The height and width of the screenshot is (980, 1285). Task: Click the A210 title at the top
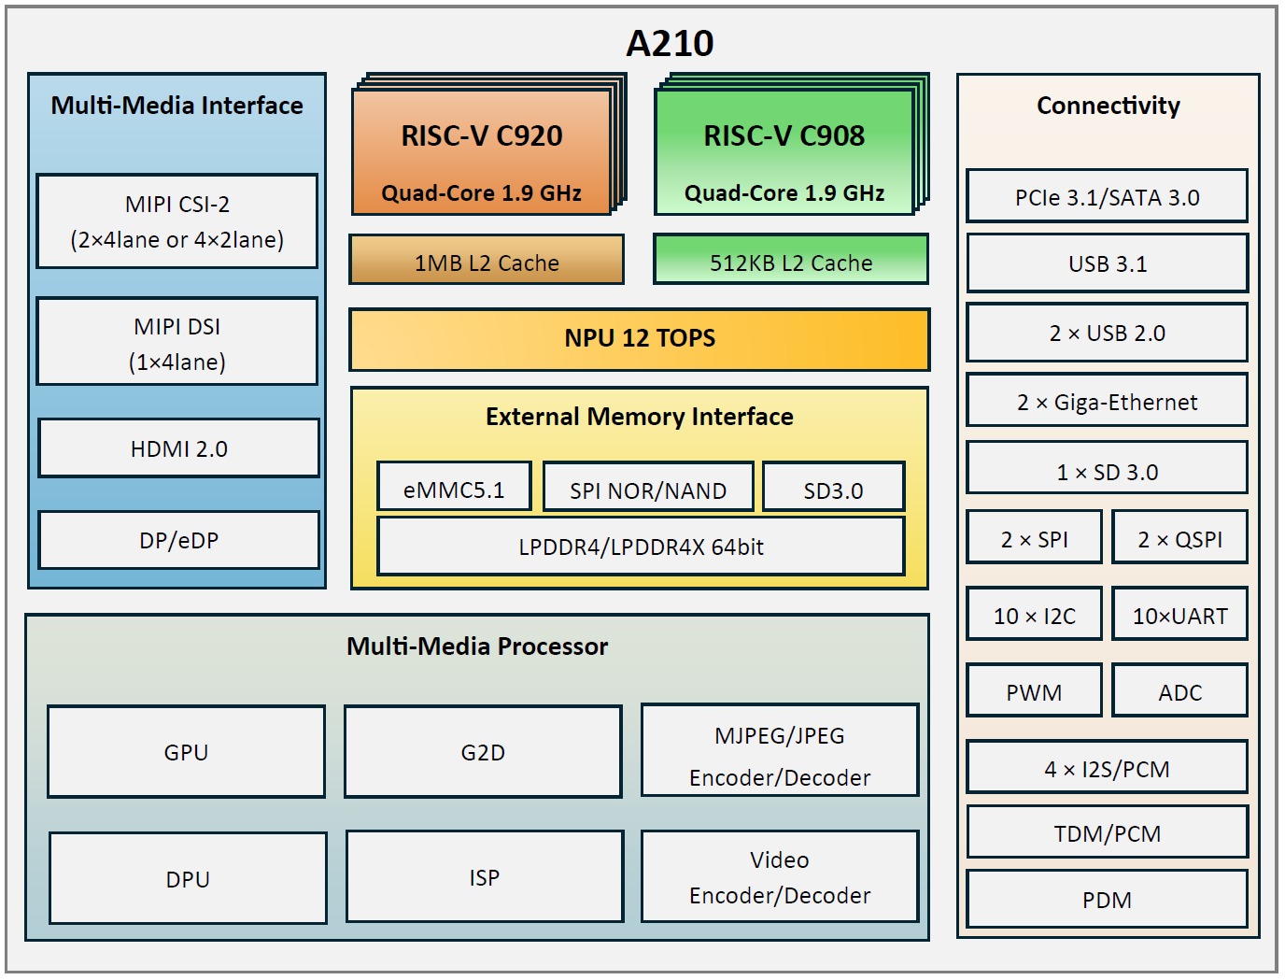(x=670, y=43)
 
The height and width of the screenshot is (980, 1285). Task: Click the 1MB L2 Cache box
(x=487, y=261)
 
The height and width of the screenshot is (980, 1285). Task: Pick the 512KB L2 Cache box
(x=791, y=261)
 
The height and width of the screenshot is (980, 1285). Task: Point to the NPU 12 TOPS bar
(x=640, y=339)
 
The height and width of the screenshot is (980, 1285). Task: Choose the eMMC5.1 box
(x=454, y=488)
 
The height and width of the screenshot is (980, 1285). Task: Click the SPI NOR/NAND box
(x=648, y=488)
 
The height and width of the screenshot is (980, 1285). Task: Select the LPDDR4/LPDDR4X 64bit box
(x=641, y=547)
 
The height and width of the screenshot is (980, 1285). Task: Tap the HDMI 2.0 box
(x=178, y=448)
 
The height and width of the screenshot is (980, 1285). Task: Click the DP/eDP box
(x=178, y=540)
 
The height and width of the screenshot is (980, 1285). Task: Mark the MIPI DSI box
(x=177, y=343)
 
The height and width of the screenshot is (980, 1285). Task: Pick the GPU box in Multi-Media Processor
(x=186, y=752)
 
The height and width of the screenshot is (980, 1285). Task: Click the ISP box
(x=484, y=877)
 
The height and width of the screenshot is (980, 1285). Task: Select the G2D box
(x=483, y=752)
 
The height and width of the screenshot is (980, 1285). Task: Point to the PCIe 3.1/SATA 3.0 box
(x=1107, y=197)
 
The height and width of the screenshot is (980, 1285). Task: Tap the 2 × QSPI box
(x=1179, y=538)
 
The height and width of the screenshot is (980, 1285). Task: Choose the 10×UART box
(x=1179, y=615)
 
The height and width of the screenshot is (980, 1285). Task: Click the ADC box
(x=1179, y=691)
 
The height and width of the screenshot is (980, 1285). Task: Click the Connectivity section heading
(x=1108, y=106)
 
